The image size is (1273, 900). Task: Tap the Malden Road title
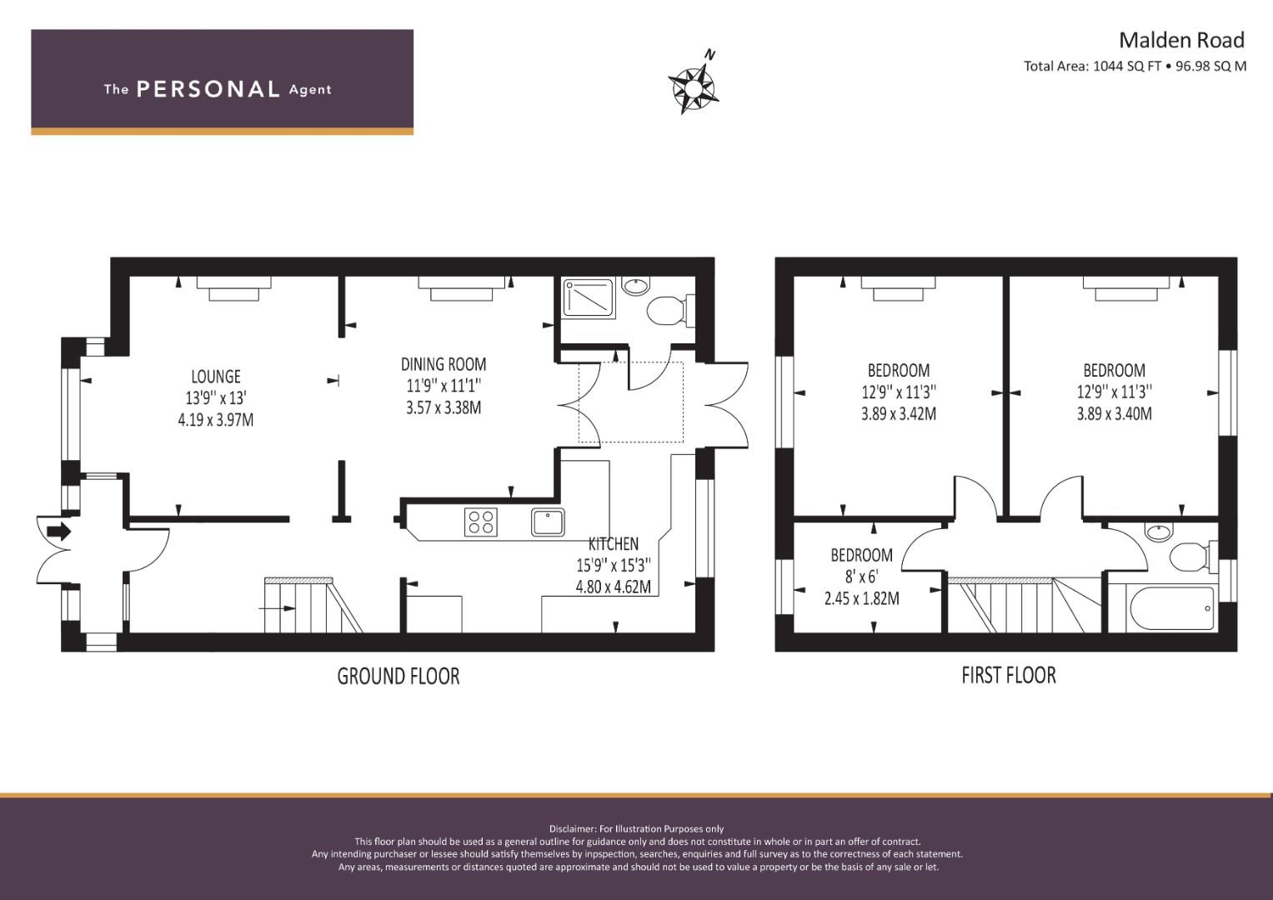click(x=1181, y=40)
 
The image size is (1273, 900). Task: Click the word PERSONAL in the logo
click(x=208, y=89)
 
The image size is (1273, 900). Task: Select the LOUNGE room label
click(x=216, y=377)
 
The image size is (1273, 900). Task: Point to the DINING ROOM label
click(x=444, y=364)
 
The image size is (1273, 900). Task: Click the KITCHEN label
click(x=614, y=543)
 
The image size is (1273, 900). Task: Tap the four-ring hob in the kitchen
click(x=481, y=522)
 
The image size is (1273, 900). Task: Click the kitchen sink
click(x=548, y=522)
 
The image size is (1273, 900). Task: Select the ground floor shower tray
click(x=589, y=297)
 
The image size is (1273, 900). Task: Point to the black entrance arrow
click(x=58, y=532)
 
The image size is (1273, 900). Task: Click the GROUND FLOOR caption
click(x=398, y=676)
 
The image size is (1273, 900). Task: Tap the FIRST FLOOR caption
click(x=1009, y=676)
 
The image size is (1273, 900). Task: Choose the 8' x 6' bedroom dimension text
click(x=861, y=577)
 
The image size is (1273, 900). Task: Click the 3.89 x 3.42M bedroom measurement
click(x=899, y=413)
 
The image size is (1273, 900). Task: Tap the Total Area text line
click(x=1135, y=66)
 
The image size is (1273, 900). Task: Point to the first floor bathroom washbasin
click(x=1158, y=532)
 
